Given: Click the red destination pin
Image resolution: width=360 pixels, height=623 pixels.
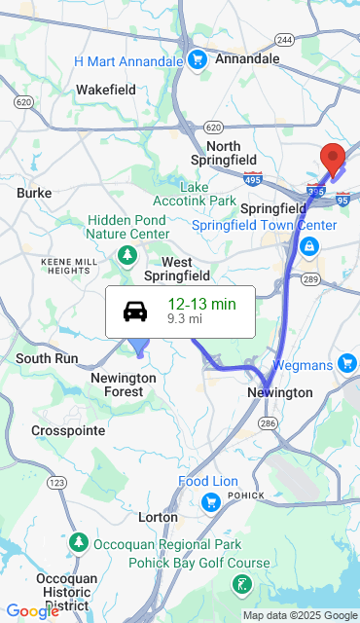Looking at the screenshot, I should (x=333, y=158).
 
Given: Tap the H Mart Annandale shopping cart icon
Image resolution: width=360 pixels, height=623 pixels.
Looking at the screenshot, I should (x=198, y=60).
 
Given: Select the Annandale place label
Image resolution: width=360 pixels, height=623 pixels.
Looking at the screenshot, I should (x=246, y=58).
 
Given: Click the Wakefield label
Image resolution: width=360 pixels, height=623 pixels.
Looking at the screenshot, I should (x=106, y=90).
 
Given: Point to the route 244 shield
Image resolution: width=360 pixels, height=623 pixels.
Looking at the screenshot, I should (x=284, y=40).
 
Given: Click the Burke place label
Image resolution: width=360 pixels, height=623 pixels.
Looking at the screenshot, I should (x=34, y=193).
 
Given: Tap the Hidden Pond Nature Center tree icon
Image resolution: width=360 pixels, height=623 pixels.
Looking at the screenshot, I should (x=126, y=255).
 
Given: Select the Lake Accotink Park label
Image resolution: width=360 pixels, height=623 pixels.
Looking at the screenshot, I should (x=207, y=194).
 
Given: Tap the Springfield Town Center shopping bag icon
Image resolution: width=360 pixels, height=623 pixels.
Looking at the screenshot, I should (x=308, y=246).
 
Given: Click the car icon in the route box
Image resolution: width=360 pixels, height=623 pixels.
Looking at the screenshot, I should (x=135, y=311).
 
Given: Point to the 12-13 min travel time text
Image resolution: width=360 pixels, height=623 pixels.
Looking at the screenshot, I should (x=201, y=304).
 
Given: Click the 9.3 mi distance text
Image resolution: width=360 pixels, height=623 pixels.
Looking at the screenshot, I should (x=185, y=319).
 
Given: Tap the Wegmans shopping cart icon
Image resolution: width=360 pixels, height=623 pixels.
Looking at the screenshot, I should (x=347, y=363).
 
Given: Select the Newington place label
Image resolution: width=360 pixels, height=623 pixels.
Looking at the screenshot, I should (x=280, y=392).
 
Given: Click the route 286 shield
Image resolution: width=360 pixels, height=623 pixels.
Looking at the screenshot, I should (x=269, y=422).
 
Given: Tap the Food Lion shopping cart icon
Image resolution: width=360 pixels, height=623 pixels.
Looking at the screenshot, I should (x=210, y=502).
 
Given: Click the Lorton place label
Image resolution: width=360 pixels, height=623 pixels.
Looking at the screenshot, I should (x=158, y=517).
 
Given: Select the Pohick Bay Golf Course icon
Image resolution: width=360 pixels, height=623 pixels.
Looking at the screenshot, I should (x=240, y=584).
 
